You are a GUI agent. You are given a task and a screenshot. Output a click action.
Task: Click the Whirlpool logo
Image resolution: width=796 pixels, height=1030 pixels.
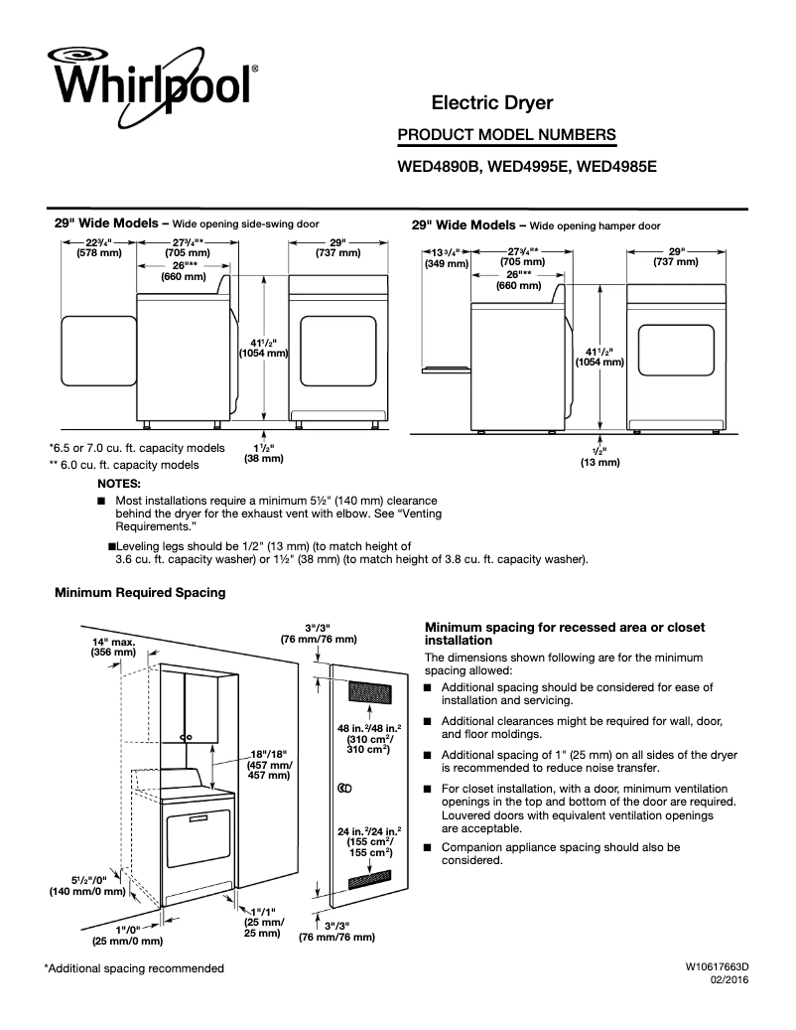pos(149,79)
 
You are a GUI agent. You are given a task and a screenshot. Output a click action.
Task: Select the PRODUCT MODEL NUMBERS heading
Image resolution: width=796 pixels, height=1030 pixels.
pos(506,135)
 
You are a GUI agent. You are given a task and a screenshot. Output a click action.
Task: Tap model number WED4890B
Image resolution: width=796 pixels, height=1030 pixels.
pos(439,168)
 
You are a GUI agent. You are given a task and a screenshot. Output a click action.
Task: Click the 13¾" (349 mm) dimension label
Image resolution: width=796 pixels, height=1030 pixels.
pos(445,257)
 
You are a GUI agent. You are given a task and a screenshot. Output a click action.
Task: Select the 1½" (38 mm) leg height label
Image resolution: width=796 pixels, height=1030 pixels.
pos(263,453)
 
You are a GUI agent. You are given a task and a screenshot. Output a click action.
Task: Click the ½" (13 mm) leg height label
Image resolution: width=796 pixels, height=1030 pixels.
pos(599,457)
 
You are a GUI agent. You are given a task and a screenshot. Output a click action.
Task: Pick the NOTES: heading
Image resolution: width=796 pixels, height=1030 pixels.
pos(118,482)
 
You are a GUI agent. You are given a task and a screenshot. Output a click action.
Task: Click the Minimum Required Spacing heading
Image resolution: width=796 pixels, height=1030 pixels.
pos(140,593)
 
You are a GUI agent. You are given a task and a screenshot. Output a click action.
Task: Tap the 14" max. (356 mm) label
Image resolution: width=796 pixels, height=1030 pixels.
pos(113,647)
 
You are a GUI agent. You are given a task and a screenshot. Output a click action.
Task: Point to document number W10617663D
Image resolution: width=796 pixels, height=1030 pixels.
pos(716,966)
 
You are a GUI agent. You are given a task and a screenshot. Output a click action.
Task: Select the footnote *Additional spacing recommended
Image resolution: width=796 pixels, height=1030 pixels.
pos(134,968)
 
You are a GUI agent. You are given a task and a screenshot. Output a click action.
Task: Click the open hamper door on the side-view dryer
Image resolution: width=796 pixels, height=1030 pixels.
pos(444,368)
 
